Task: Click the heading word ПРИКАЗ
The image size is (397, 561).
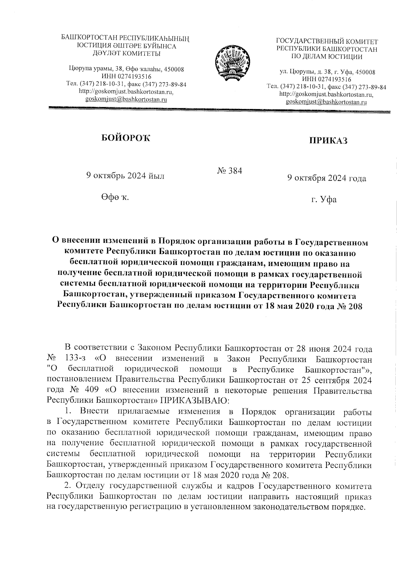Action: [328, 141]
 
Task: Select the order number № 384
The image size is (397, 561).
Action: [230, 171]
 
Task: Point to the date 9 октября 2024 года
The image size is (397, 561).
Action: [327, 179]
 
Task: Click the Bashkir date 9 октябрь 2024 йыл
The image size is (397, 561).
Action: [125, 176]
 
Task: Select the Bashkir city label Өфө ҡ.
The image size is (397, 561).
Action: [115, 197]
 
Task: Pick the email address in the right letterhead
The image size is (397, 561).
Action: [326, 102]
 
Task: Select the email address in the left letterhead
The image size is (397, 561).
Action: [126, 99]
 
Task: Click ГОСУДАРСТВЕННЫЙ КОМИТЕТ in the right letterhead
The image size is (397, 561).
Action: [327, 42]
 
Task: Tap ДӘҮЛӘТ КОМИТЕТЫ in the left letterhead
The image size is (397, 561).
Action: [126, 53]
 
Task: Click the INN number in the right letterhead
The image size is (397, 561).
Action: [327, 79]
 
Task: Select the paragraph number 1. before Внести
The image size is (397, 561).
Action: [68, 411]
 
